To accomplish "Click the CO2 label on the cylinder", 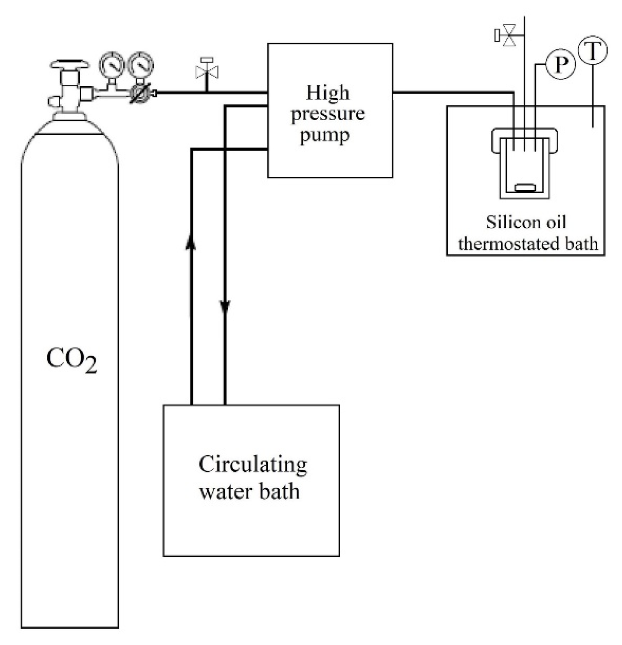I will pos(71,360).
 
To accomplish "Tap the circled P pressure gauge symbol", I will pos(560,65).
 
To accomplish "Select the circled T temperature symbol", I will pos(592,51).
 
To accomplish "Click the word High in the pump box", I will pos(328,93).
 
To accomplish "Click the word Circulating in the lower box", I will pos(253,465).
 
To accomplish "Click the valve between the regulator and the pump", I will pos(207,72).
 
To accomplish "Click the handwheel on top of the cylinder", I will pos(70,63).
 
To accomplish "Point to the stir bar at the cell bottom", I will pos(525,188).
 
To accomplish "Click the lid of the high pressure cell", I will pos(524,134).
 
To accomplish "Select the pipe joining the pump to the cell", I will pos(451,93).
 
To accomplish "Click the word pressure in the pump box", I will pos(328,114).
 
